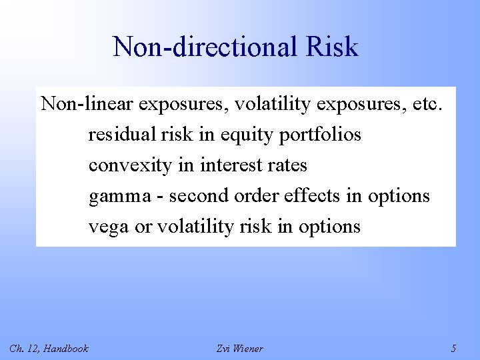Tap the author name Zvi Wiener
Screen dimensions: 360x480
point(240,348)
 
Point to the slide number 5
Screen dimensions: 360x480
point(453,348)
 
